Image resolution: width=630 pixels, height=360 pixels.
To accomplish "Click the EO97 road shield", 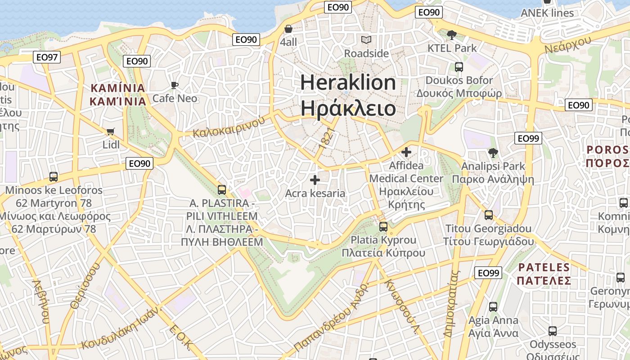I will tap(47, 57).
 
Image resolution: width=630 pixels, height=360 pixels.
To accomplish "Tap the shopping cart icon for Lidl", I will tap(110, 131).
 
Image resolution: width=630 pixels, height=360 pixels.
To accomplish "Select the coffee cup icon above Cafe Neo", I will tap(175, 85).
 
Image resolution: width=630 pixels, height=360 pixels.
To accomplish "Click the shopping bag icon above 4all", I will tap(288, 29).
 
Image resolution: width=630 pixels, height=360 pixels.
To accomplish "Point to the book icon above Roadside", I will tap(367, 40).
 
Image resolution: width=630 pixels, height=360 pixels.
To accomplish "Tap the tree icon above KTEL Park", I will tap(451, 35).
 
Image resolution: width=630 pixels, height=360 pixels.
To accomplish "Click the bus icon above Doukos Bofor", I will tap(459, 67).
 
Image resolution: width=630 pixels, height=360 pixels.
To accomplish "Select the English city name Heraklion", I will tap(348, 83).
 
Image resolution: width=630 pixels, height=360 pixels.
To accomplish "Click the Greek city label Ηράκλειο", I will tap(348, 108).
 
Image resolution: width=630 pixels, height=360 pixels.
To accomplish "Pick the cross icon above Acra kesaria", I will tap(315, 180).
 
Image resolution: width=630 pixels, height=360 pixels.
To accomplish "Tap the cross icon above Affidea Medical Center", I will tap(406, 152).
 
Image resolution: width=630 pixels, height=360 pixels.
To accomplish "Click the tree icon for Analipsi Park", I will tap(493, 153).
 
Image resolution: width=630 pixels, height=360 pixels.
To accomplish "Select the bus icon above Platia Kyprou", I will tap(383, 227).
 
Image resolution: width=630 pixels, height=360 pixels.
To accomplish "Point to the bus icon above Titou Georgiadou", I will tap(489, 215).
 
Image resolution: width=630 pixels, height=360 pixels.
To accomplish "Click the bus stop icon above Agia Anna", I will tap(493, 307).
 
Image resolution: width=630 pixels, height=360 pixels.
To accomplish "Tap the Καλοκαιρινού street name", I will tap(229, 126).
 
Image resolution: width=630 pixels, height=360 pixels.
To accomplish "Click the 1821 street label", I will tap(327, 138).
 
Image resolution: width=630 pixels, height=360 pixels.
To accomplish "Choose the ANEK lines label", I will tap(547, 13).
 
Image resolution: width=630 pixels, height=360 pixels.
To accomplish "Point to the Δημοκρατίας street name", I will tap(451, 304).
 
